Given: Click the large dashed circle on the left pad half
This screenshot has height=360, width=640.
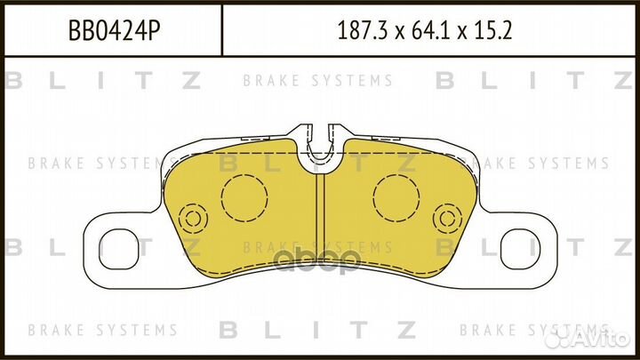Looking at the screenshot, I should pos(244,197).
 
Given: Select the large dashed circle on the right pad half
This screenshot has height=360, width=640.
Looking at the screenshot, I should pos(397,197).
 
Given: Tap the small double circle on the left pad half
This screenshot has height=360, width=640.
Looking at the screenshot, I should pos(193,219).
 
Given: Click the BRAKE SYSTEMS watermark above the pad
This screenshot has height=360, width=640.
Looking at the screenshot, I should pos(317,81).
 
